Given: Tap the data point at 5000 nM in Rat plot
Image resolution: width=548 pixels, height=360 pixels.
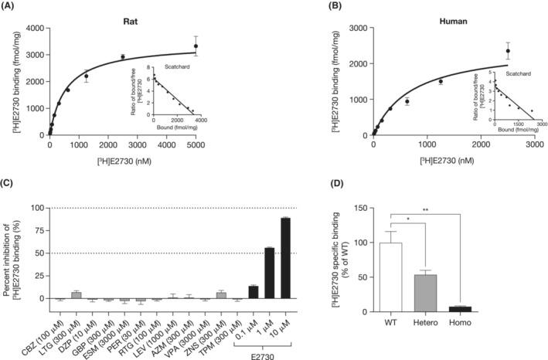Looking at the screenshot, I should pos(196,46).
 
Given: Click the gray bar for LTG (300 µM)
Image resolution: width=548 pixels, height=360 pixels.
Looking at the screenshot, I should pos(76,295).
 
